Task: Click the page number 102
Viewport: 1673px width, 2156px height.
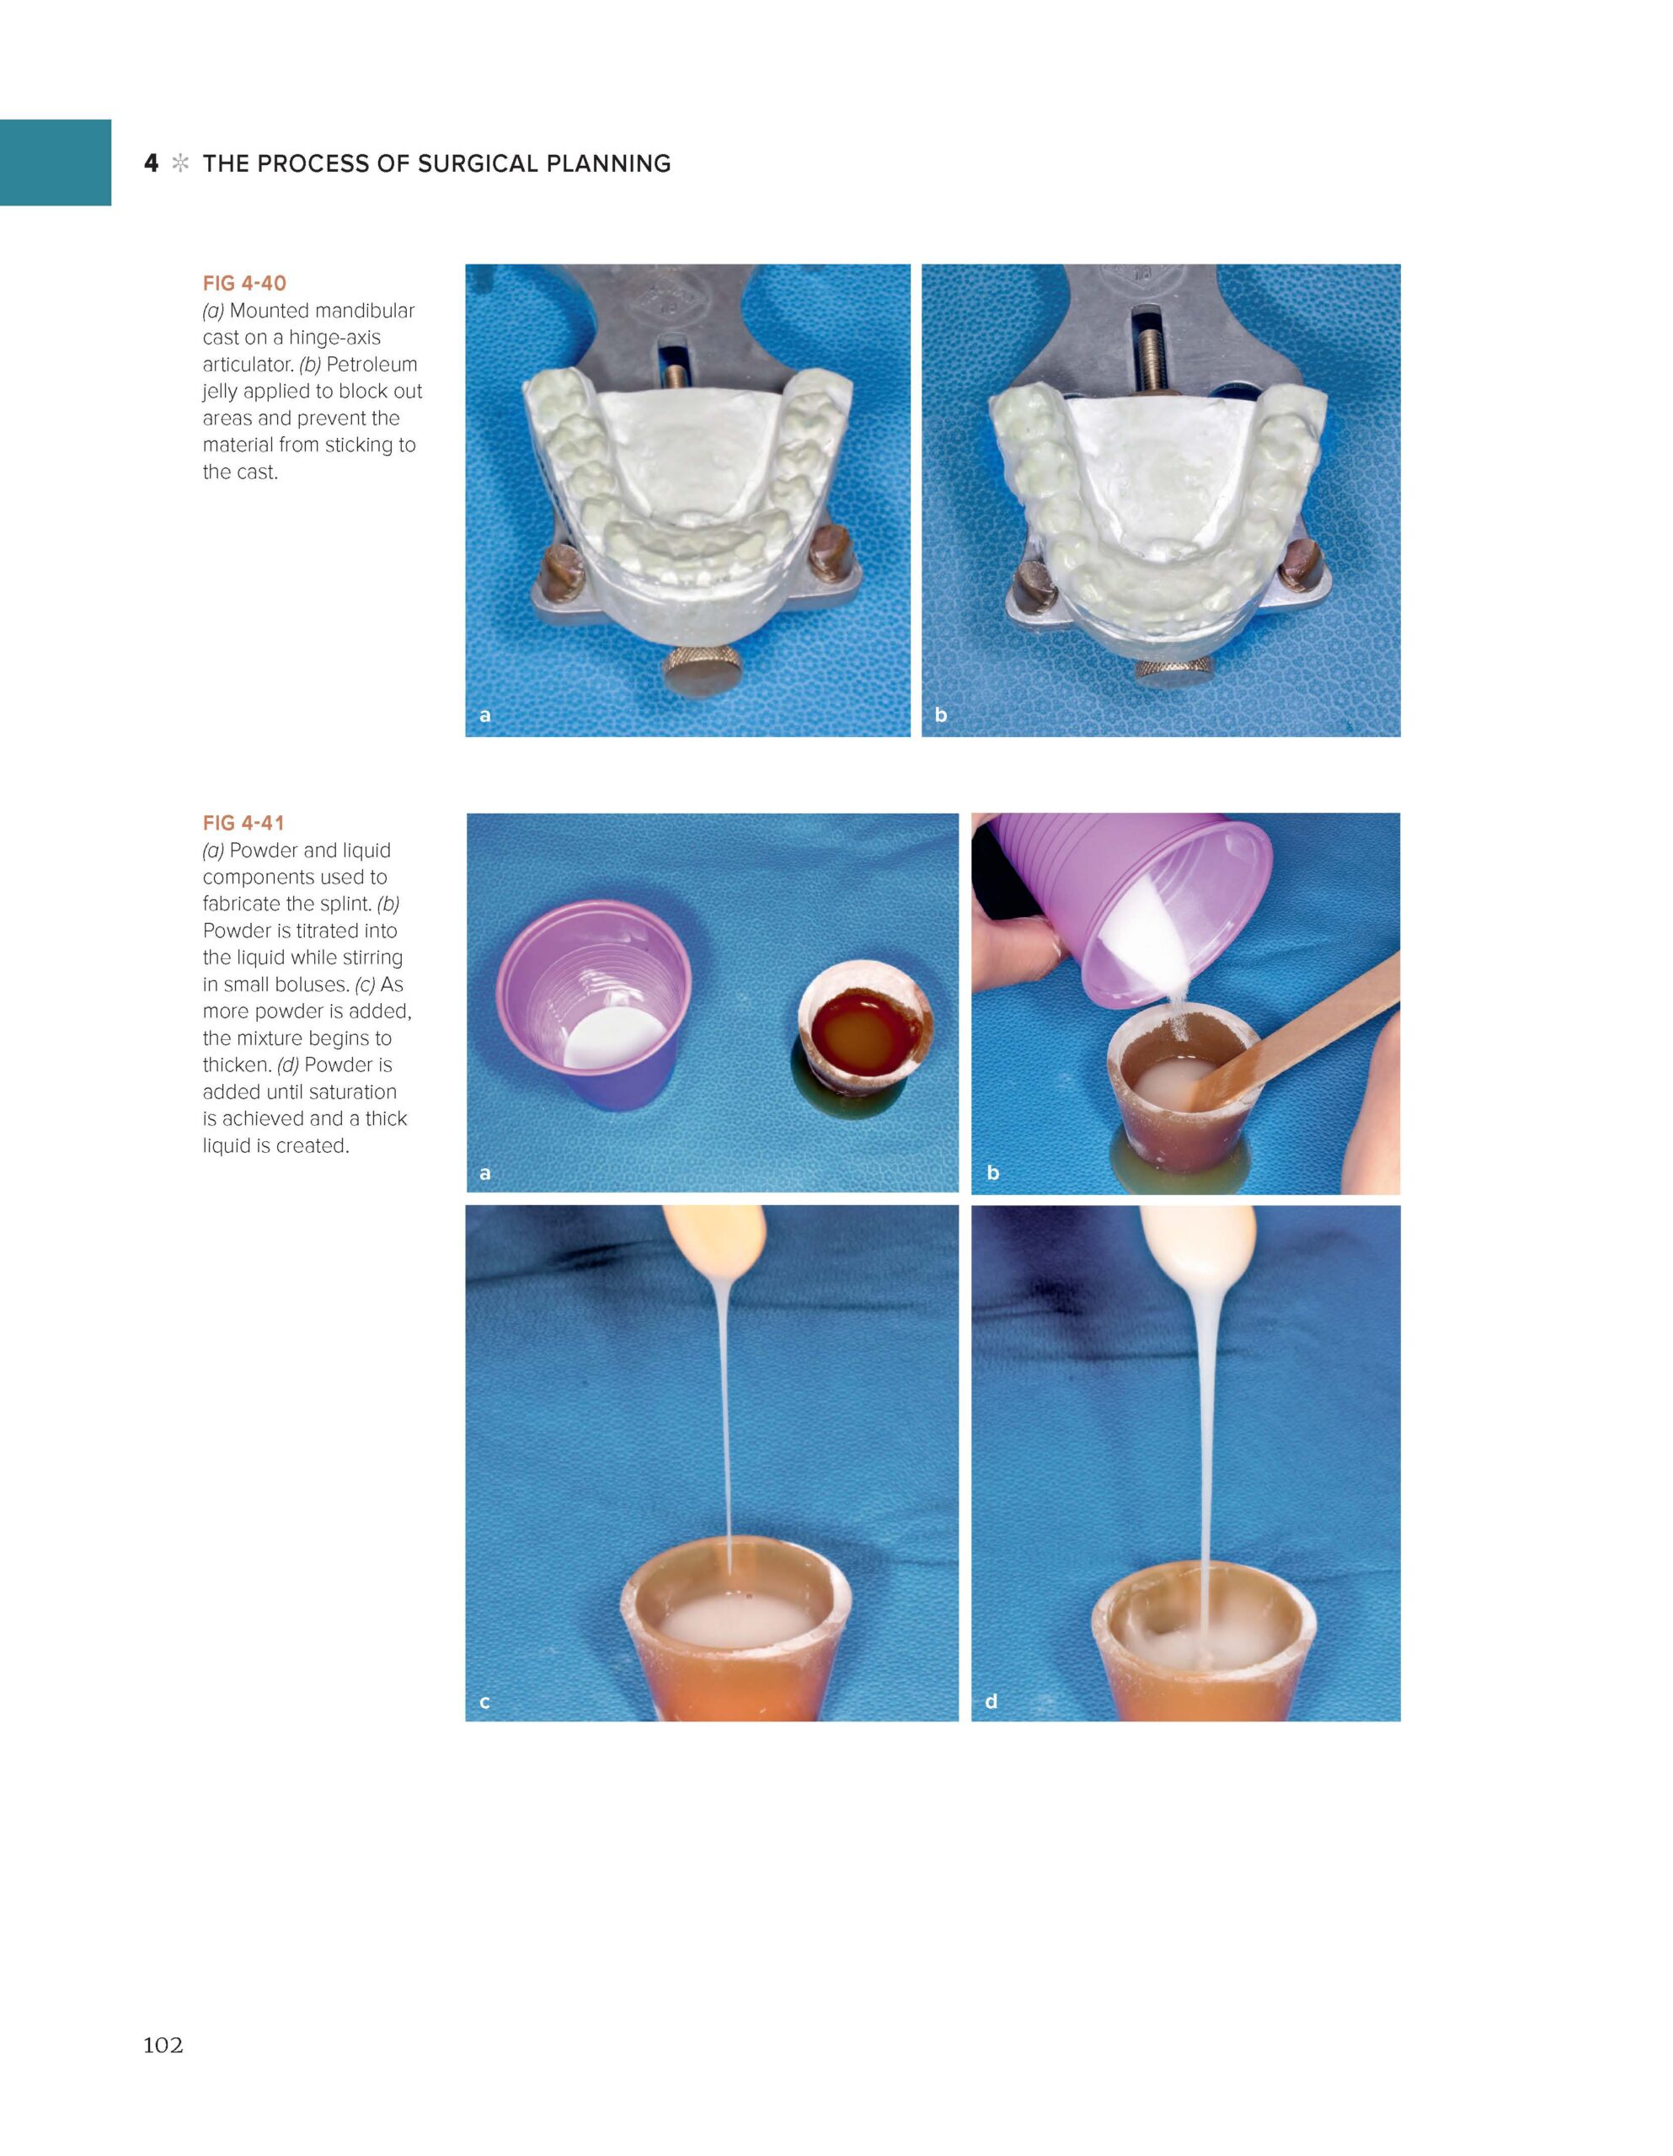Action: click(x=163, y=2045)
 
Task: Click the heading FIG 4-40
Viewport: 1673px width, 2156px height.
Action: click(x=244, y=283)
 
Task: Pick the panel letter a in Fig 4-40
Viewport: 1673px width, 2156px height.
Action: click(x=485, y=715)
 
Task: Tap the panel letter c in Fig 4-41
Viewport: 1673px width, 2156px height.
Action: click(x=485, y=1702)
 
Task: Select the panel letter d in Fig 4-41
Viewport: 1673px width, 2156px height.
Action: click(x=992, y=1701)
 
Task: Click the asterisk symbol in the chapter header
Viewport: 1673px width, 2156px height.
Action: click(x=181, y=164)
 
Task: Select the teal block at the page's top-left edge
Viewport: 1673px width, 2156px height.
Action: click(x=56, y=162)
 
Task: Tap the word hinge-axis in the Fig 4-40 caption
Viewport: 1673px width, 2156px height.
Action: click(x=334, y=338)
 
